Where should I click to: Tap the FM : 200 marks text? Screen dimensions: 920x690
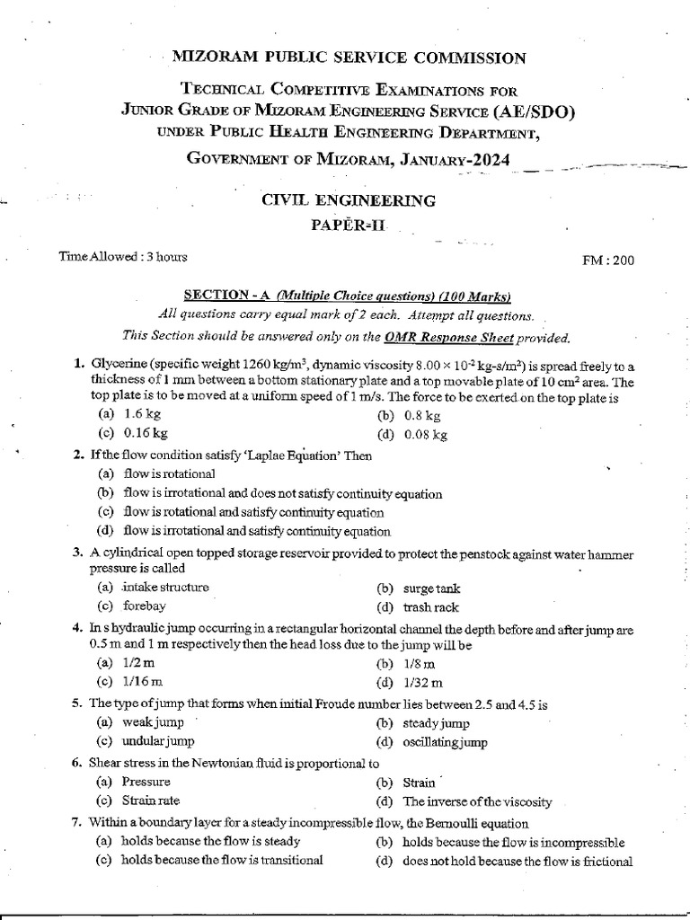[x=609, y=261]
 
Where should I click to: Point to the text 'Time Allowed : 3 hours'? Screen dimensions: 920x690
[x=123, y=257]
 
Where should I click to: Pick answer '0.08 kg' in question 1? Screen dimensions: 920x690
[x=425, y=435]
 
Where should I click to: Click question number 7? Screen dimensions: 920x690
[x=77, y=822]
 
